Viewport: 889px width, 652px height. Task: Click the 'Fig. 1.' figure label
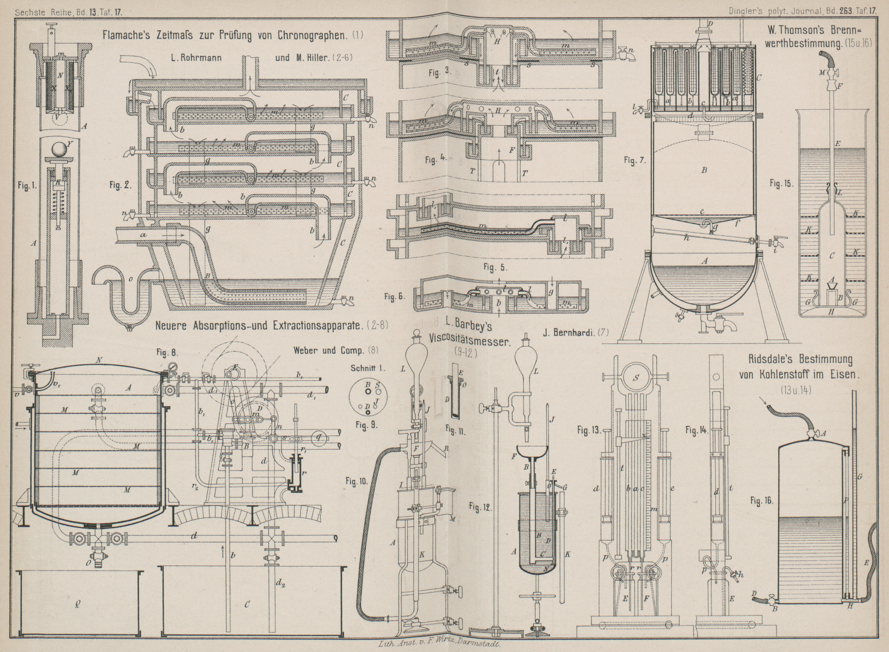click(x=26, y=186)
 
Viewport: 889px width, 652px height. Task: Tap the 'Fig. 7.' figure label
click(x=634, y=160)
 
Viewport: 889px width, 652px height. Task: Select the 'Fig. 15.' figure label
click(x=782, y=184)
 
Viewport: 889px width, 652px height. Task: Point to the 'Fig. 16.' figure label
click(x=762, y=501)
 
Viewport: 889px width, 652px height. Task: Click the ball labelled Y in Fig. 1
click(x=55, y=148)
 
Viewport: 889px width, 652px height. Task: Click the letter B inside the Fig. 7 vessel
click(x=704, y=171)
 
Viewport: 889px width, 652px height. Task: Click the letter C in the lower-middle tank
click(x=246, y=605)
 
